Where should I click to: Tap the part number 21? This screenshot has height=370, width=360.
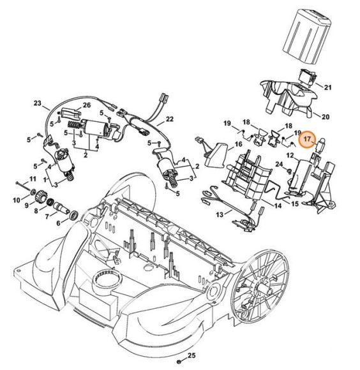coord(328,87)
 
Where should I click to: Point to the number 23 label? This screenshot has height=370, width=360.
coord(37,103)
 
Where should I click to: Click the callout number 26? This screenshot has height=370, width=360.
coord(87,105)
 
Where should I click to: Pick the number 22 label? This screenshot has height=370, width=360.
coord(170,119)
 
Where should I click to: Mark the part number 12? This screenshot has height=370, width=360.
coord(289,155)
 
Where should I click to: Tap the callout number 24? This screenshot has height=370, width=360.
coord(280,165)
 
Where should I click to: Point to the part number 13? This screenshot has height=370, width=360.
coord(219,216)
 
